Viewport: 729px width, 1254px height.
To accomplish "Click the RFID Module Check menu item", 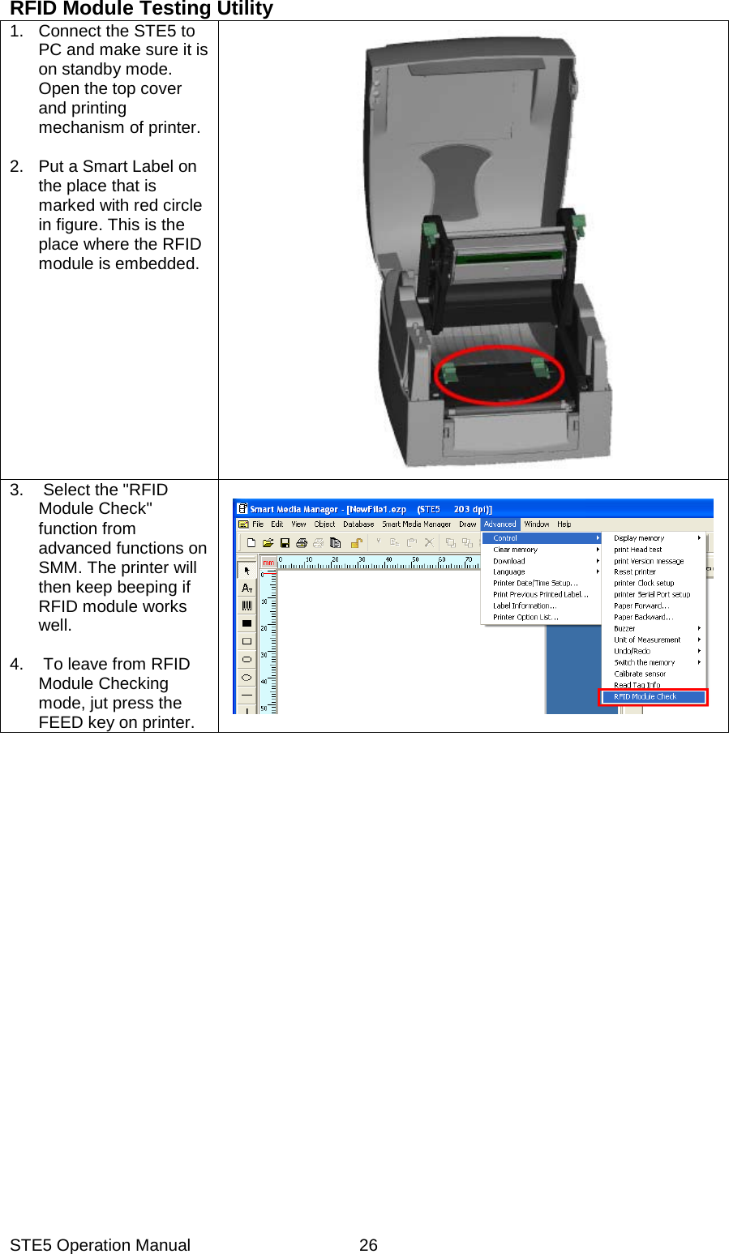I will click(x=645, y=696).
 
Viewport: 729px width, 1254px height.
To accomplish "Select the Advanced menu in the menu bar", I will click(x=500, y=524).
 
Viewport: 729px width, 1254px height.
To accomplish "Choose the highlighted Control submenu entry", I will click(x=505, y=538).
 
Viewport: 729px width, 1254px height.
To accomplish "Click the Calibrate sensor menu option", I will click(x=640, y=674).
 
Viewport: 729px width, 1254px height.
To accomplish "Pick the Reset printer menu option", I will click(x=634, y=571).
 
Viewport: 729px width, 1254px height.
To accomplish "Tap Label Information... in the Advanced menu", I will click(x=524, y=606).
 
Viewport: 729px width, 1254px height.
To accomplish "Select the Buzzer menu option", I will click(x=624, y=628).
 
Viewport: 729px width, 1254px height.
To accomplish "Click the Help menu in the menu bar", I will click(x=564, y=524).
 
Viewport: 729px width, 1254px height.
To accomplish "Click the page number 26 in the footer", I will click(x=368, y=1245).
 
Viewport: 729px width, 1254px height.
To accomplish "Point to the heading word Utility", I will click(x=245, y=9).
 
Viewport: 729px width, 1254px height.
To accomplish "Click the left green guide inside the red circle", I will click(x=448, y=372).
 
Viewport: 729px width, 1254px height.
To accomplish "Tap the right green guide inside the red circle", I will click(x=539, y=366).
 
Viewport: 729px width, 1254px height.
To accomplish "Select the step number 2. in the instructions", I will click(x=17, y=166).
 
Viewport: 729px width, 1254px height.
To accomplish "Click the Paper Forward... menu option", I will click(x=641, y=606).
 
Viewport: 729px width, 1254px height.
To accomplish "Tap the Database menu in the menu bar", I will click(x=358, y=524).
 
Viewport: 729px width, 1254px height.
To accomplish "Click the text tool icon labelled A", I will click(x=247, y=588).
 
